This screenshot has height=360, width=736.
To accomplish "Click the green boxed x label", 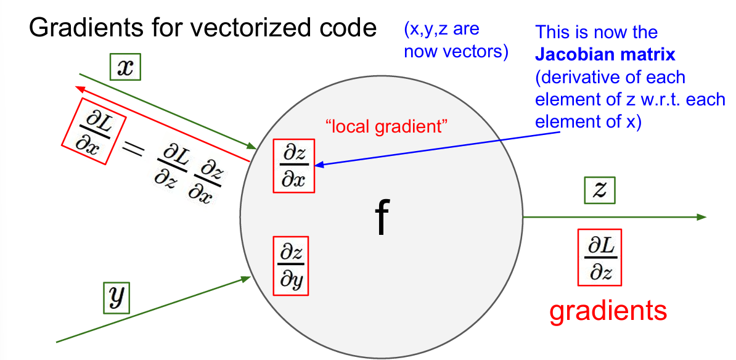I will pos(126,68).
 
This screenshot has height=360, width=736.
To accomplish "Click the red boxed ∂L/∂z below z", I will pos(599,258).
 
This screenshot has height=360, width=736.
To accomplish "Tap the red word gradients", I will pos(608,310).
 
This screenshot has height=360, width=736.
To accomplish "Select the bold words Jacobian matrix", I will pos(605,55).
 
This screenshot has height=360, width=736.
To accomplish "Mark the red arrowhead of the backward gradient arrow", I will pos(81,88).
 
